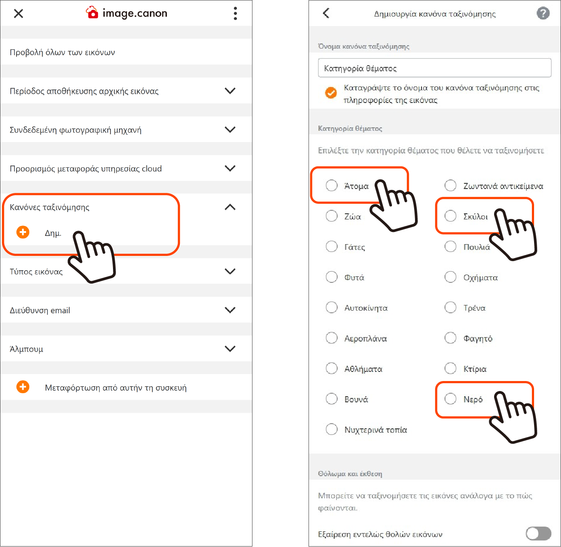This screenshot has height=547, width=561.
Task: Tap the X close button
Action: [x=18, y=13]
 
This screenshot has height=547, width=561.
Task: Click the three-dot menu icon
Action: [x=235, y=13]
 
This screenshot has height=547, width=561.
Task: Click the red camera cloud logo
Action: [x=92, y=13]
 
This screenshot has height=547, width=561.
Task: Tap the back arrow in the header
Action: [x=326, y=13]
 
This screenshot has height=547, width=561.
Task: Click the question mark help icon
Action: [x=543, y=13]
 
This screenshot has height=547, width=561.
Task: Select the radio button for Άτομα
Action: [x=331, y=186]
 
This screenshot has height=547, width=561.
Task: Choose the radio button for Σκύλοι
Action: [x=450, y=216]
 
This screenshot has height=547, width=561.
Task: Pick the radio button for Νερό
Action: [x=450, y=399]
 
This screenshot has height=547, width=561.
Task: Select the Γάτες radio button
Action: [x=331, y=246]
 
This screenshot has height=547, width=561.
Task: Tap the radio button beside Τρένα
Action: [x=450, y=308]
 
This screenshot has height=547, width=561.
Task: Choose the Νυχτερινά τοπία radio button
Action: [x=331, y=429]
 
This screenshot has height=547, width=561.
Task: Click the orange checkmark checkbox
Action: [x=331, y=93]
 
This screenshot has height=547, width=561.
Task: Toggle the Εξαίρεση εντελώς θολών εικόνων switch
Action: [x=538, y=534]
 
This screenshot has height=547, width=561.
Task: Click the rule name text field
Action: [x=435, y=68]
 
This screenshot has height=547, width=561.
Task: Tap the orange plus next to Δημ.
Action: [x=23, y=232]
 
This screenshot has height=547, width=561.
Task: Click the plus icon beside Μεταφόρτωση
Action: [x=23, y=387]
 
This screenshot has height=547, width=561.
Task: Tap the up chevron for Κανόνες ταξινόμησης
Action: [x=230, y=207]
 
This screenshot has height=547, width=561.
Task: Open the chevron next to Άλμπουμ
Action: [x=230, y=349]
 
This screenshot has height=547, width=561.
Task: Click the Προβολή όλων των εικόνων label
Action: [x=62, y=53]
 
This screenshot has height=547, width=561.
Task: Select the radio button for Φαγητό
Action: [x=450, y=338]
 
